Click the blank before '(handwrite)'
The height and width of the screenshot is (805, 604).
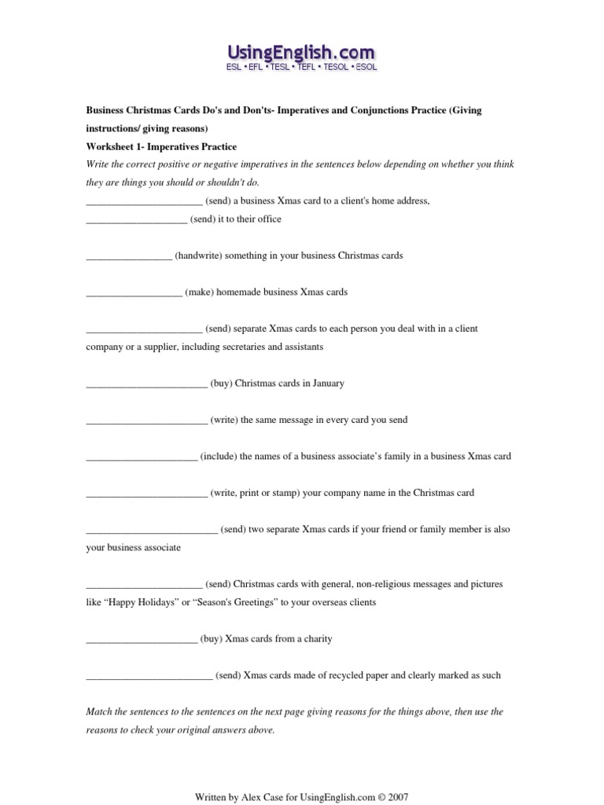click(x=129, y=256)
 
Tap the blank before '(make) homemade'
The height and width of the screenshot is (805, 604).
click(x=134, y=292)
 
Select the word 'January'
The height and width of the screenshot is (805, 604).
click(x=328, y=384)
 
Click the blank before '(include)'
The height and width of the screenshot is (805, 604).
click(x=142, y=457)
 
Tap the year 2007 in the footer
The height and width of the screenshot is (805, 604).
click(x=397, y=796)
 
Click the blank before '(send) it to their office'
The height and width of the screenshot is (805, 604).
click(x=136, y=220)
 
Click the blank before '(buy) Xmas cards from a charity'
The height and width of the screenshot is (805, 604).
click(x=142, y=640)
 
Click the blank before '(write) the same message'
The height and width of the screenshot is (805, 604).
click(x=146, y=421)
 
